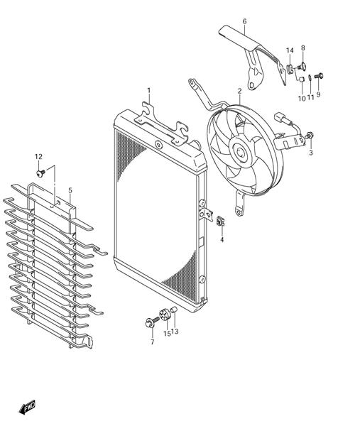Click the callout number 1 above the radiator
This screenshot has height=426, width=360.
point(148,90)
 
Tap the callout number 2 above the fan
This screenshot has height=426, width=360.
point(239,91)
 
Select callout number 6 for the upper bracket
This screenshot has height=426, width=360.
point(244,21)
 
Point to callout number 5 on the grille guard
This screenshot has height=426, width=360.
point(70,190)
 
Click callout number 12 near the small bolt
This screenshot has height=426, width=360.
point(38,157)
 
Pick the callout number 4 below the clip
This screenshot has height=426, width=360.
point(222,240)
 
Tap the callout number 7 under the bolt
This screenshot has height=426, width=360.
point(152,342)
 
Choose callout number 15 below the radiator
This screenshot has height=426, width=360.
point(167,334)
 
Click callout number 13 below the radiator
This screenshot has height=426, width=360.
point(175,332)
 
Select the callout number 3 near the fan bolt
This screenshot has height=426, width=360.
point(311,153)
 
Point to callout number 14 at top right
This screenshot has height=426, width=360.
point(290,51)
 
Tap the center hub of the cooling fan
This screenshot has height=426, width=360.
point(240,152)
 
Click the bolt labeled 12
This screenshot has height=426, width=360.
point(40,173)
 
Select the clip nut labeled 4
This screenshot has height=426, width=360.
point(221,221)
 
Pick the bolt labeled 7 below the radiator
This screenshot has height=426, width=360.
point(152,322)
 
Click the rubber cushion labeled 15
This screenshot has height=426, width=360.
point(165,315)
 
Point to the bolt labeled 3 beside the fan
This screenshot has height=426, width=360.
point(309,135)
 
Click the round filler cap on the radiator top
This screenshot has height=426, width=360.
point(158,145)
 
